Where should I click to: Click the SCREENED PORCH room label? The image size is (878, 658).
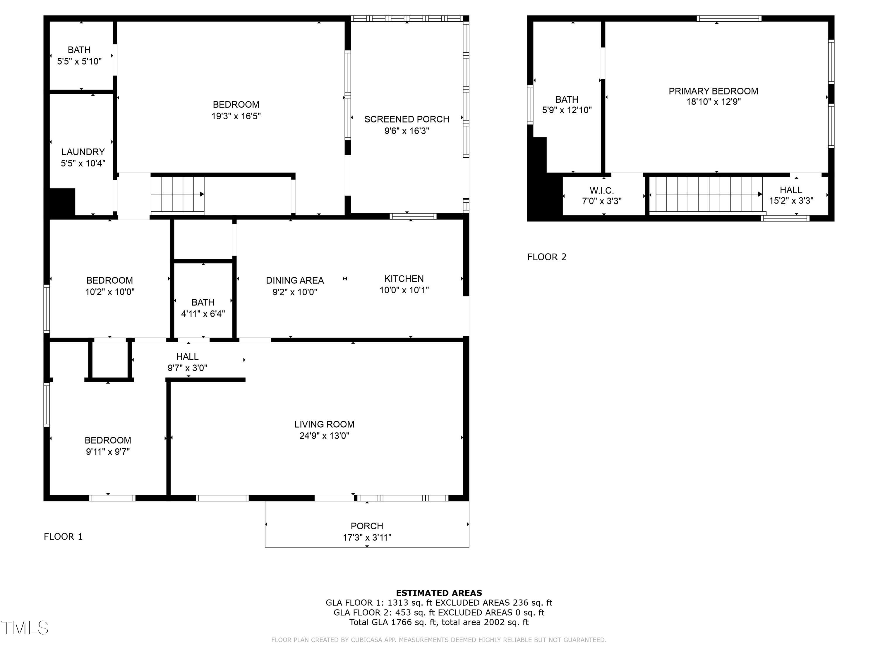click(407, 119)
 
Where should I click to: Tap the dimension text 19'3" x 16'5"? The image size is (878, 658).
click(236, 116)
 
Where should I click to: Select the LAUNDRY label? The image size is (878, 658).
click(83, 152)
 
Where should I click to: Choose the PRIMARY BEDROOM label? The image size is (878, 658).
click(713, 91)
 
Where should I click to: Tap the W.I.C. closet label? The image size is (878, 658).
click(601, 190)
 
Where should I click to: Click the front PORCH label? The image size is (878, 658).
click(367, 526)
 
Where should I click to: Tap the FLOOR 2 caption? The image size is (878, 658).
click(547, 257)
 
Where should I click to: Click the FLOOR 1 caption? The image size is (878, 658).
click(63, 537)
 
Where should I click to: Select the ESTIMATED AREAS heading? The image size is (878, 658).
click(439, 593)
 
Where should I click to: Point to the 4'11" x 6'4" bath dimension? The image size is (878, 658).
click(203, 314)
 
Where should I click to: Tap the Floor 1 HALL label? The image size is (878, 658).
click(187, 356)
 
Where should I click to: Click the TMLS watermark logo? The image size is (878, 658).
click(25, 628)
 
